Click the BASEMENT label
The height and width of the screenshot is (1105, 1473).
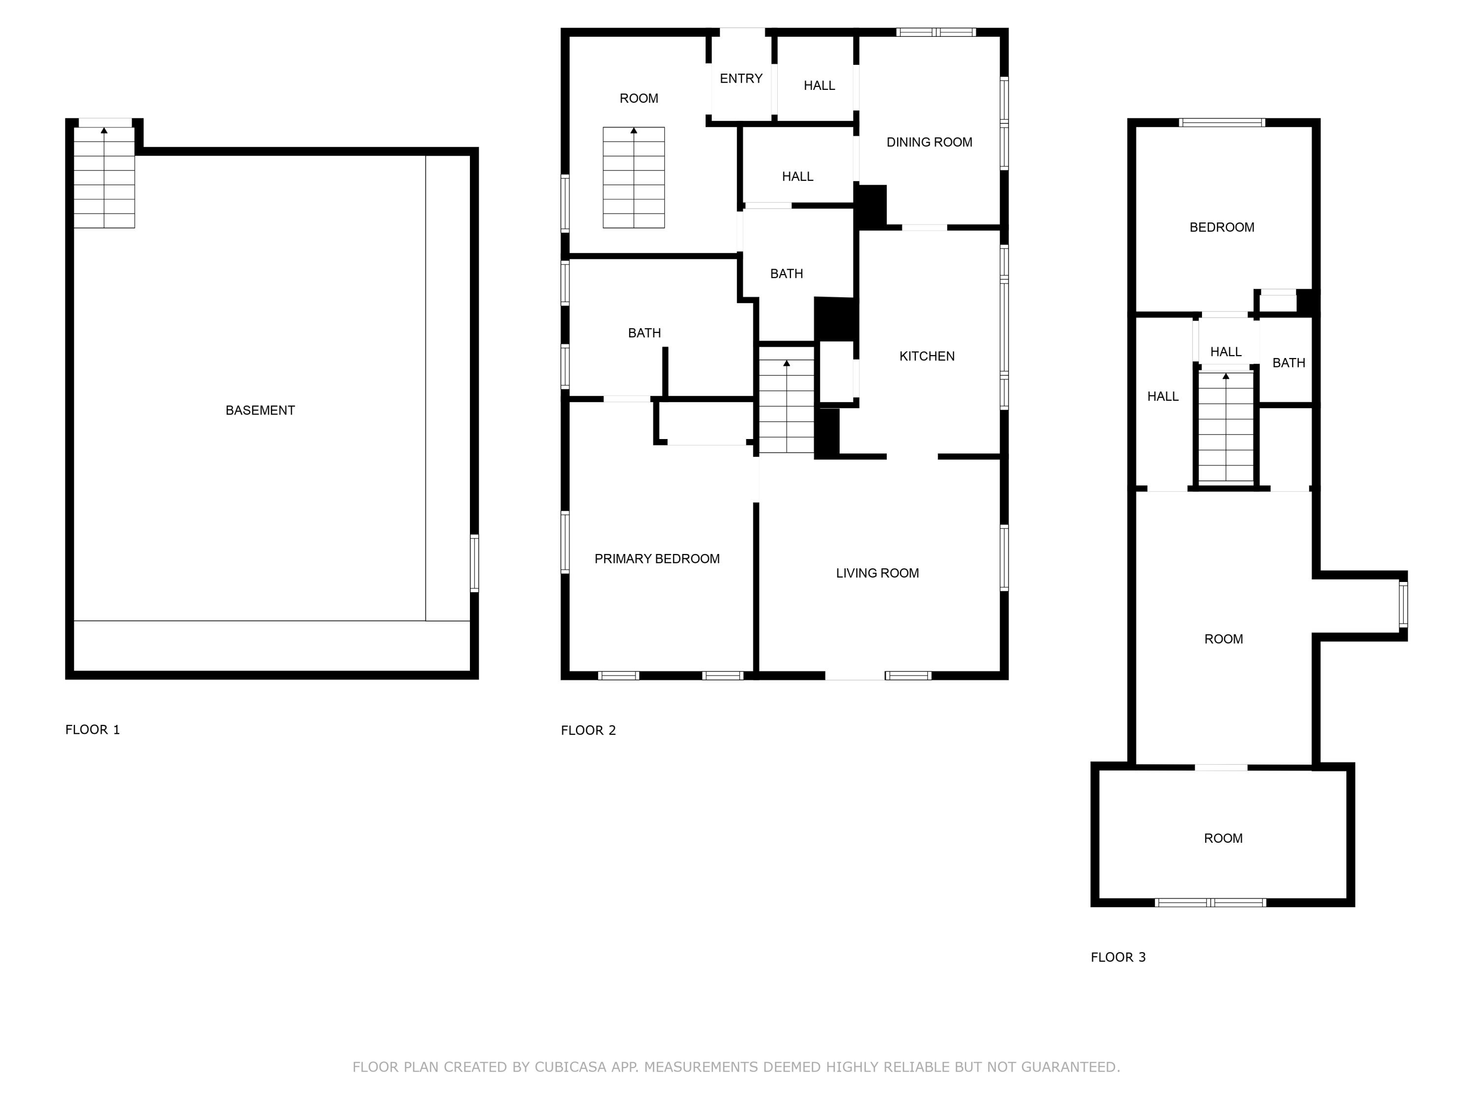click(260, 410)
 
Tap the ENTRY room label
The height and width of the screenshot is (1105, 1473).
click(740, 79)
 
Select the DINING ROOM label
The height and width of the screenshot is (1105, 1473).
click(929, 142)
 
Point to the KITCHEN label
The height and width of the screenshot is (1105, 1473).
click(927, 357)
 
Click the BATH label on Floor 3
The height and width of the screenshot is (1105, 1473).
click(1288, 363)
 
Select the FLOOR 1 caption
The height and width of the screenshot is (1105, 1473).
click(93, 729)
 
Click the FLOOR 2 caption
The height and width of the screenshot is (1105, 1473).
click(588, 730)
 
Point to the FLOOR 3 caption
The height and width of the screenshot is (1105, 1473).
click(1118, 957)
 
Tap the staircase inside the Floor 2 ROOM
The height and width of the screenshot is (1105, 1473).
click(633, 178)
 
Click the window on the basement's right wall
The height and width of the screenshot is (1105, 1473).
click(474, 563)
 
